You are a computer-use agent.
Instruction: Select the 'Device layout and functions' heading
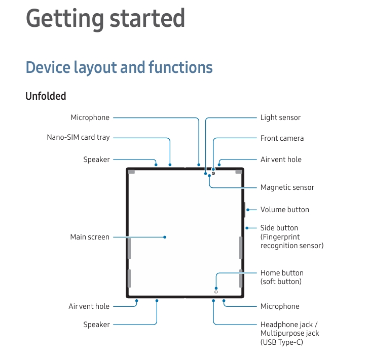tap(119, 67)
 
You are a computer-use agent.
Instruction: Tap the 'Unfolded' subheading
tap(46, 96)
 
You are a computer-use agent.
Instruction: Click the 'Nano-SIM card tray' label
tap(78, 137)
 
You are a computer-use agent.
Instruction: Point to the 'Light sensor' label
tap(280, 117)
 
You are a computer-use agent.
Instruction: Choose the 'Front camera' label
tap(282, 138)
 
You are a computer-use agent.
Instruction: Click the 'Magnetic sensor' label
tap(287, 187)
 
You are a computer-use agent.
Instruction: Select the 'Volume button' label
tap(284, 210)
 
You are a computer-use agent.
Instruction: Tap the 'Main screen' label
tap(90, 237)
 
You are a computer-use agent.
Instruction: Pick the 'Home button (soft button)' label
tap(282, 277)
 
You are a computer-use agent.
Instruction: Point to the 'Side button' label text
tap(279, 228)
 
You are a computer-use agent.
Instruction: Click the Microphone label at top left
tap(90, 117)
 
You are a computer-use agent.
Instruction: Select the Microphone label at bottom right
tap(280, 306)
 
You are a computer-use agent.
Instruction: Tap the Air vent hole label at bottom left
tap(89, 306)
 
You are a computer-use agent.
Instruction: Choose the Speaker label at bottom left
tap(96, 325)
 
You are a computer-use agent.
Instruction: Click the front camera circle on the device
tap(213, 173)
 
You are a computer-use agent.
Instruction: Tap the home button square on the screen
tap(216, 292)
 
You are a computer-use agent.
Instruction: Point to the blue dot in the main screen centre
tap(165, 237)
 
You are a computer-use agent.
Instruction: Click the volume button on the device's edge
tap(245, 209)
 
